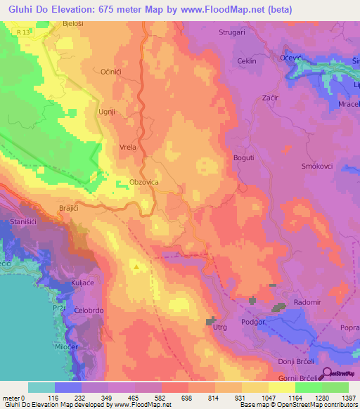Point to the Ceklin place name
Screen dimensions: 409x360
pyautogui.click(x=246, y=62)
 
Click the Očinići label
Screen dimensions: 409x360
pyautogui.click(x=113, y=72)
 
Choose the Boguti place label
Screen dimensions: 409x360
pyautogui.click(x=243, y=158)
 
